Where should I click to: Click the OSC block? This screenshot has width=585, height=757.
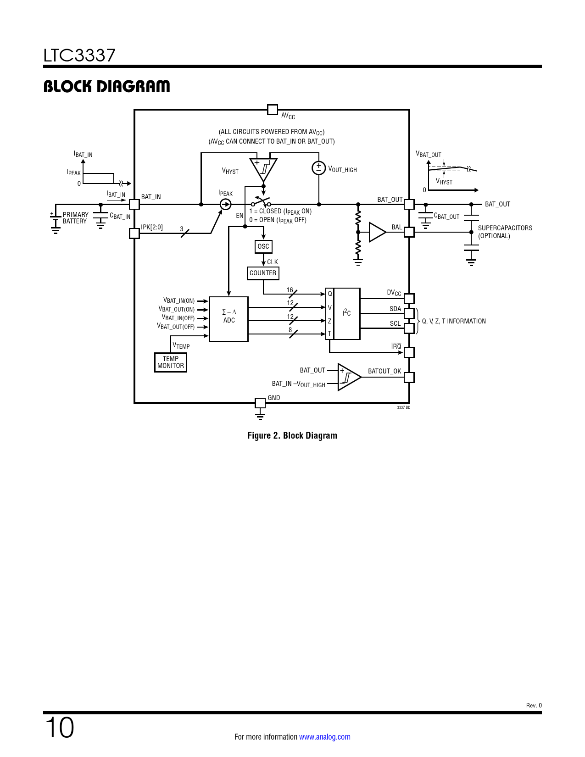[263, 246]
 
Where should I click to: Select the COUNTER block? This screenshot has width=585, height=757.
[263, 273]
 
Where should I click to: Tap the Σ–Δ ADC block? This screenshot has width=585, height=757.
[228, 319]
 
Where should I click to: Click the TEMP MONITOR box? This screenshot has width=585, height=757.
[171, 362]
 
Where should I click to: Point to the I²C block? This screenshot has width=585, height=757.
[347, 313]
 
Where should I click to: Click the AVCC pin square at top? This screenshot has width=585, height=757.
[273, 110]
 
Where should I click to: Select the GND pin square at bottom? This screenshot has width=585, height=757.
[260, 403]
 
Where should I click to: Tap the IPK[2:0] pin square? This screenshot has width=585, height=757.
[134, 233]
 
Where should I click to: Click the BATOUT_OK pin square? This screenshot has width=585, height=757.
[409, 377]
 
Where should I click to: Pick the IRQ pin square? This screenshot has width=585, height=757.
[409, 352]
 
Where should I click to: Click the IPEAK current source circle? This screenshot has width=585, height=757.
[225, 204]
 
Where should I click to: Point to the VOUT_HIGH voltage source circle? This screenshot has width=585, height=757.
[318, 168]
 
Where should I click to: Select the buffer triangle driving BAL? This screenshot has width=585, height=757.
[376, 232]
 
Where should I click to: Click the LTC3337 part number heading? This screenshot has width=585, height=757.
[79, 56]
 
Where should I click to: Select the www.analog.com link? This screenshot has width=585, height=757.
[324, 737]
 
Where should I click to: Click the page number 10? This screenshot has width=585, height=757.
[59, 728]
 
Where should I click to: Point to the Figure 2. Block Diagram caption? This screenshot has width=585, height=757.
[292, 435]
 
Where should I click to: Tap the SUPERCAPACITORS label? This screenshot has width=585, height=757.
[505, 228]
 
